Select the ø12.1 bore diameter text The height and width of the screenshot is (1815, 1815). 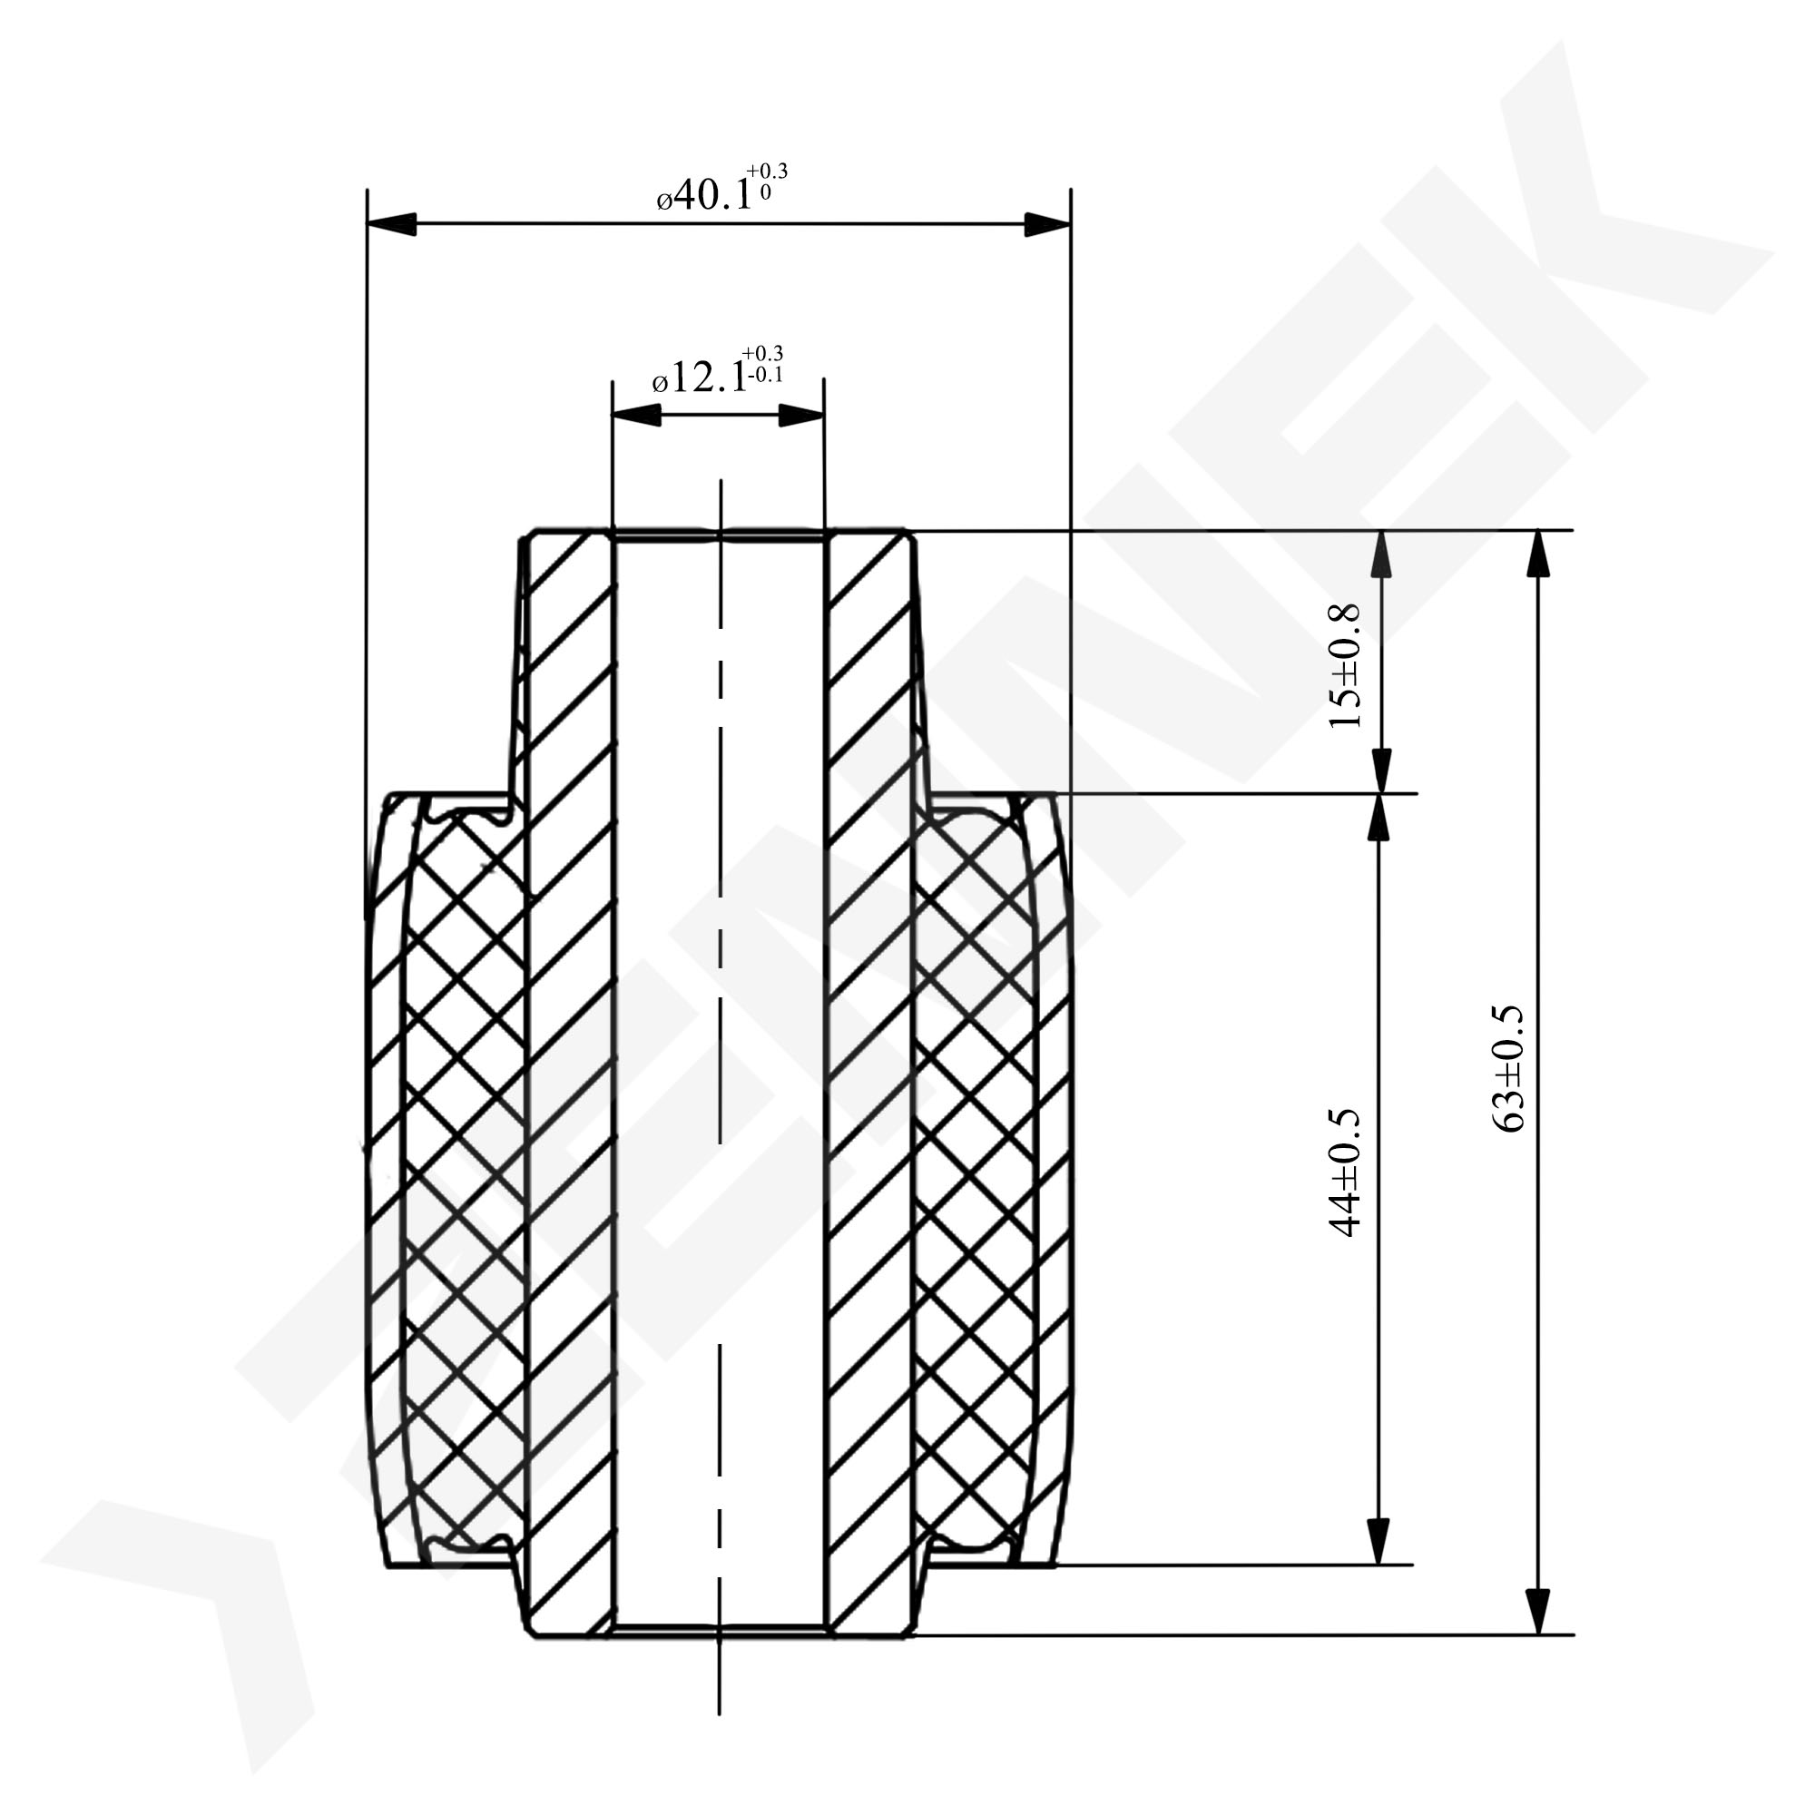(700, 379)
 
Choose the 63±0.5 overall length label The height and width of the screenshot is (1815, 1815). (1506, 1069)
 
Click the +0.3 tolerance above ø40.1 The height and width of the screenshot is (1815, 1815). (768, 171)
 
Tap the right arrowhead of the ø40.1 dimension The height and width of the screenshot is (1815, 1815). (1046, 224)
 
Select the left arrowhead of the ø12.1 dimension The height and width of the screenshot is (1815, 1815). (636, 416)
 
